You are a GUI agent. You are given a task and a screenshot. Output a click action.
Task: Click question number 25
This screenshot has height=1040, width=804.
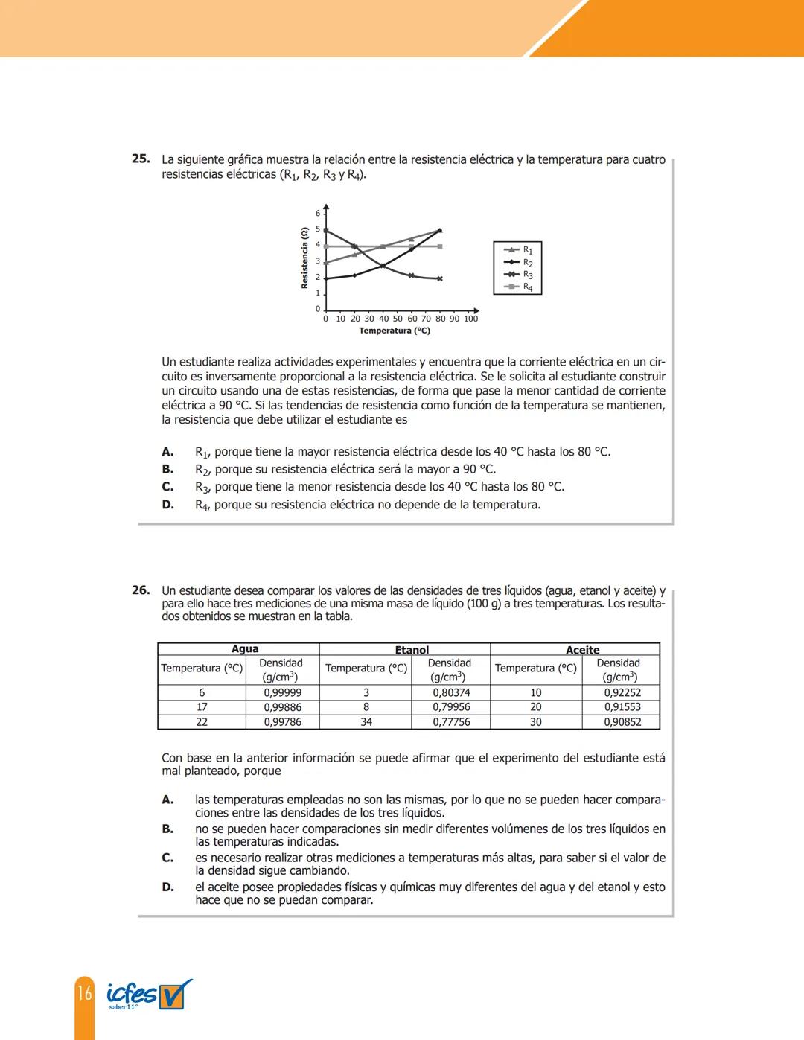point(140,159)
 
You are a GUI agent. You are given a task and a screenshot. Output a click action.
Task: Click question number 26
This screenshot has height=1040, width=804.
point(140,590)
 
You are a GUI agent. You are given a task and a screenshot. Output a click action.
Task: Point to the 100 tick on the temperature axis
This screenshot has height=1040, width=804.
point(471,319)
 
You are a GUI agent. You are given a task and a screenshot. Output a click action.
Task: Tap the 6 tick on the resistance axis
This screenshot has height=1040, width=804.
point(318,214)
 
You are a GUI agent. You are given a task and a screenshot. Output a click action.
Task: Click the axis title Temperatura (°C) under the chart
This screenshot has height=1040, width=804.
point(395,331)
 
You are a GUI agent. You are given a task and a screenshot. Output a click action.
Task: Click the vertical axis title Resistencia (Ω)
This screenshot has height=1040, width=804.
point(304,258)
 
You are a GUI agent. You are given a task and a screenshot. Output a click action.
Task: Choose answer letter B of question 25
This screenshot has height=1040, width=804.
point(167,469)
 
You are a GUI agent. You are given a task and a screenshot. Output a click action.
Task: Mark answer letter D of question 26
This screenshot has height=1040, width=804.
point(167,887)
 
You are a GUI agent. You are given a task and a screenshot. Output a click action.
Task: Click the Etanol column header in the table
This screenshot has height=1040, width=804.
point(412,650)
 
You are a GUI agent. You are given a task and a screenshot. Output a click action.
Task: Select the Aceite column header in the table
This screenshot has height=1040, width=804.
point(582,650)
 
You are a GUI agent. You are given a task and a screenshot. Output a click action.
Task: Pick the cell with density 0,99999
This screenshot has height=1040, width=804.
point(283,692)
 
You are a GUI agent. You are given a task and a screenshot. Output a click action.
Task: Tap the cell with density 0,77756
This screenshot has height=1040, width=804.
point(451,722)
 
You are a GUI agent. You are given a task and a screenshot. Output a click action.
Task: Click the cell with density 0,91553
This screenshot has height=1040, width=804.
point(622,707)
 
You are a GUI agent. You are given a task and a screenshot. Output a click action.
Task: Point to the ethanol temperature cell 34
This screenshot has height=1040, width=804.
point(366,722)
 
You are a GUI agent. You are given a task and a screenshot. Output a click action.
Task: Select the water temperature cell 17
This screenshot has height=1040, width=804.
point(202,707)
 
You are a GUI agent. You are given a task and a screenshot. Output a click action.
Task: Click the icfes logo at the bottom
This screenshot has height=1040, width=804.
point(148,995)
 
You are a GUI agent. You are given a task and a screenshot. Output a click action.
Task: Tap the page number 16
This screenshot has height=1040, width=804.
point(84,992)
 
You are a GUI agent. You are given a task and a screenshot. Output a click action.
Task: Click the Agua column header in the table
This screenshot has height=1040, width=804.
point(245,649)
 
